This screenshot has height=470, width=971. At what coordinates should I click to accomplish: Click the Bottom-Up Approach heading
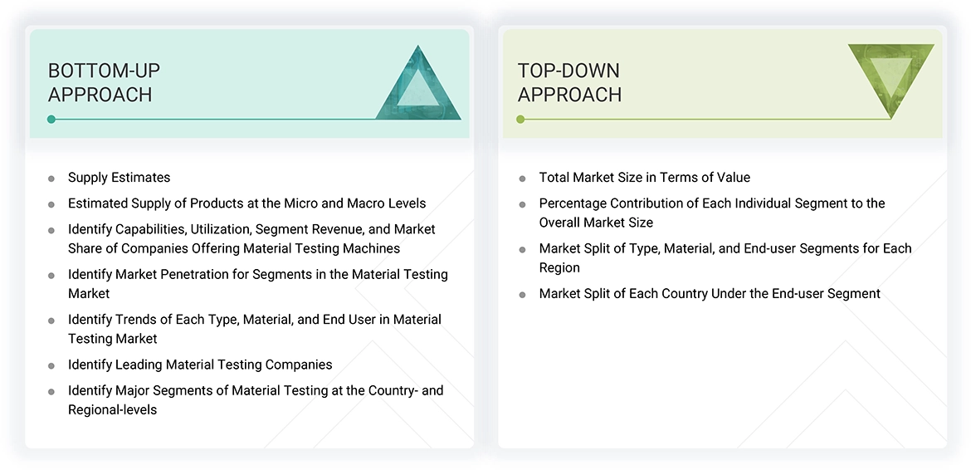104,82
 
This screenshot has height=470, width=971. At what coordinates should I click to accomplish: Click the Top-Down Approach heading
569,82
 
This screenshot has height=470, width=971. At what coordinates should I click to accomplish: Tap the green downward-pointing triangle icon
890,76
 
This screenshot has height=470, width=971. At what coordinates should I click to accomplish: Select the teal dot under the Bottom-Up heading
51,120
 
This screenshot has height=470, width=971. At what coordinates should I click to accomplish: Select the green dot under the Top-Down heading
520,120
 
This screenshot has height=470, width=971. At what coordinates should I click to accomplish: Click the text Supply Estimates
119,177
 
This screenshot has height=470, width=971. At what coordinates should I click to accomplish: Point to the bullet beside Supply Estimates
51,178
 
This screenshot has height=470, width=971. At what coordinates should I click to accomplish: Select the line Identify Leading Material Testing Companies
200,365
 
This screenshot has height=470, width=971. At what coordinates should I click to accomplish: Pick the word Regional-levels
112,409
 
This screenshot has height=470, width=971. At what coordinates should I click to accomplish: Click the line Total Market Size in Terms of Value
644,177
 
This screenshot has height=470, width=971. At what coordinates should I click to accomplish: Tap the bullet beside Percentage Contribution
522,204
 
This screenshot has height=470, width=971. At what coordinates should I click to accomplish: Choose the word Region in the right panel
559,267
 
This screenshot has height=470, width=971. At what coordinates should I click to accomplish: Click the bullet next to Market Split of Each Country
522,295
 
